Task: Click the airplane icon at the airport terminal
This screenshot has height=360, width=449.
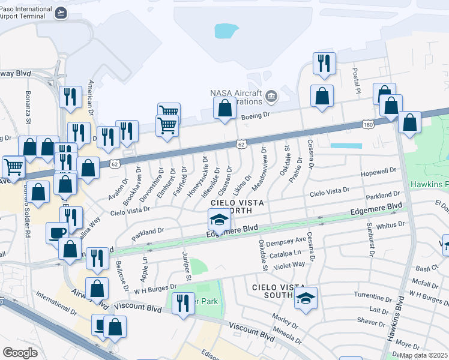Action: [x=61, y=12]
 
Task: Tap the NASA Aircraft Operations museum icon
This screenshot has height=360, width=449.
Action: [x=271, y=96]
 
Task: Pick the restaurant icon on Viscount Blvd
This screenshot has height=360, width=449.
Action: [x=182, y=303]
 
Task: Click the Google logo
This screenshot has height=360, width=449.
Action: [x=20, y=352]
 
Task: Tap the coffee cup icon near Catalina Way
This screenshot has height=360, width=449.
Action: [x=58, y=232]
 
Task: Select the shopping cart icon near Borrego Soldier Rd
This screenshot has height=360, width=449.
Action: [x=13, y=166]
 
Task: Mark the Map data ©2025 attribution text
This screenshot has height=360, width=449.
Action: [x=424, y=355]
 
